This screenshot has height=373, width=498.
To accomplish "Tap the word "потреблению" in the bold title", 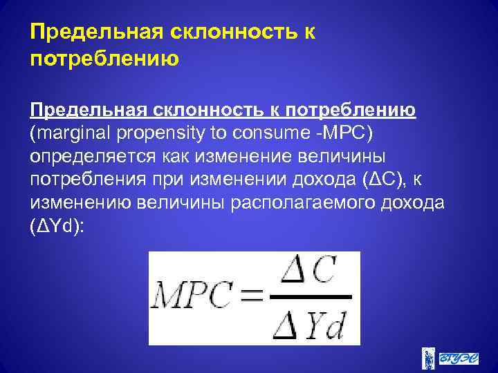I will click(x=104, y=59).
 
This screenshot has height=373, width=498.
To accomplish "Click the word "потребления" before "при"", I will click(x=84, y=180).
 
